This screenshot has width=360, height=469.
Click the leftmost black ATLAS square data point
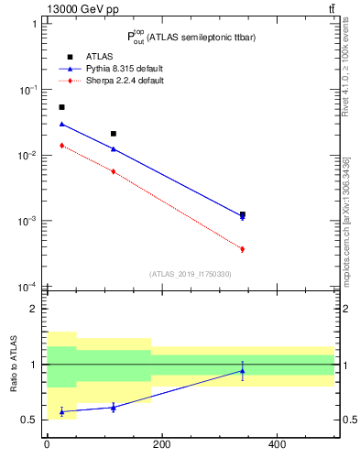point(61,107)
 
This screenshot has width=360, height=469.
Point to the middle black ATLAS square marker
point(113,134)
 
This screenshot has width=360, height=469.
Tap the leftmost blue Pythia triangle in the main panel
point(61,124)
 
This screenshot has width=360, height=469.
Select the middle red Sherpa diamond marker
point(113,171)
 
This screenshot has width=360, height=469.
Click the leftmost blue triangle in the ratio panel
point(61,411)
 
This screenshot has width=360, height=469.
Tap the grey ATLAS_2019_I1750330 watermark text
point(190,274)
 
